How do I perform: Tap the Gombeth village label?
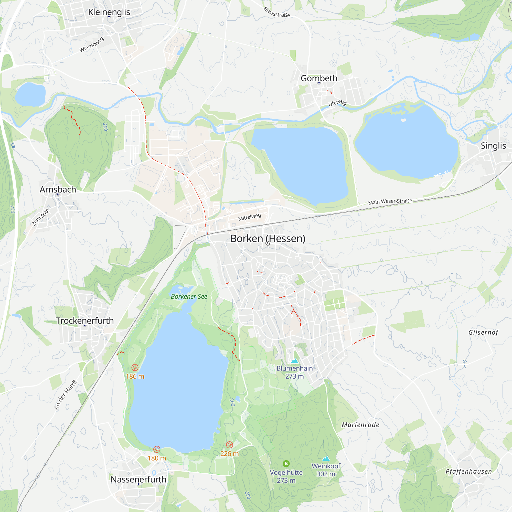tap(319, 78)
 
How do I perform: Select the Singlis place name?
tap(493, 145)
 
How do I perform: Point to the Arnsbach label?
tap(58, 189)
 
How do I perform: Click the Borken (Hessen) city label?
tap(268, 239)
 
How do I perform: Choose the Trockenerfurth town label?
tap(84, 321)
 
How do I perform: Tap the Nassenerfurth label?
tap(138, 479)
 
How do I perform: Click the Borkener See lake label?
tap(189, 296)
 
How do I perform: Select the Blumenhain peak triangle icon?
tap(295, 361)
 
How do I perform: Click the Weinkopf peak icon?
tap(326, 458)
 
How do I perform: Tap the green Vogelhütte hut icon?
tap(286, 464)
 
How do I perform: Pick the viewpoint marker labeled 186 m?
tap(135, 367)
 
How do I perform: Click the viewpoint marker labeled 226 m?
tap(229, 445)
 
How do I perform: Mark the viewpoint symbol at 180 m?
tap(157, 449)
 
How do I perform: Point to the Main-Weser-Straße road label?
tap(390, 202)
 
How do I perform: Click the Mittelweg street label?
tap(249, 217)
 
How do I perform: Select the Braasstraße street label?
tap(277, 12)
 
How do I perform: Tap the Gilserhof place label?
tap(483, 332)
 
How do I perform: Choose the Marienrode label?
tap(360, 425)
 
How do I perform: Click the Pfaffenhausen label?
tap(468, 472)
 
